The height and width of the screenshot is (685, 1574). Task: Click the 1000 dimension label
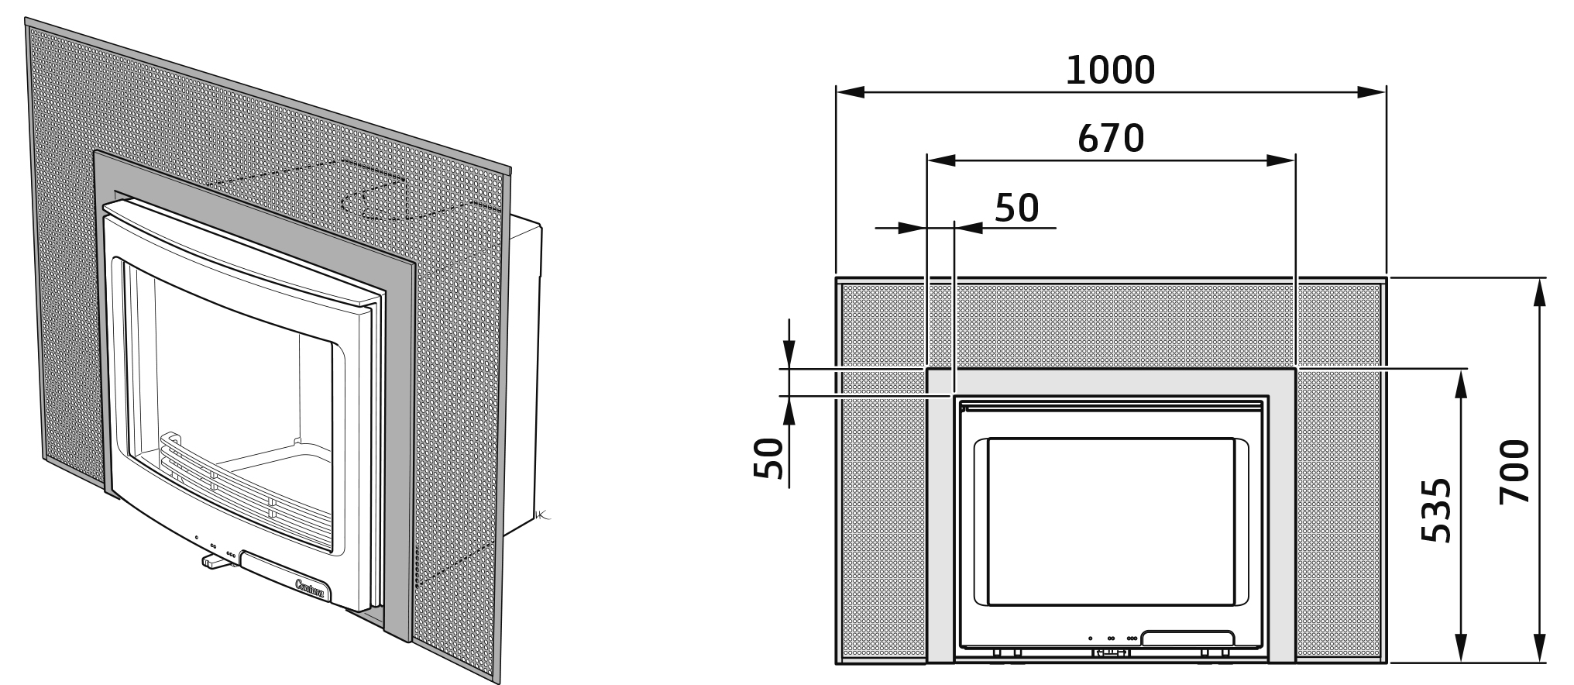click(1110, 70)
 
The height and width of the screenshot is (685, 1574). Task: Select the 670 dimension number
click(1111, 138)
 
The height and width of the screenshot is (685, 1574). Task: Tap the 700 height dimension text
click(1515, 472)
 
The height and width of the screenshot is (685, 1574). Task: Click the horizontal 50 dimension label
click(1016, 208)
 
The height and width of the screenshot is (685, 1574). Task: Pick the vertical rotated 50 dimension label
click(769, 458)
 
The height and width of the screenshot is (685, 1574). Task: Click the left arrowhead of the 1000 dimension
click(851, 92)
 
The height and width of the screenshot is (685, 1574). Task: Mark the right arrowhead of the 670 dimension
click(1281, 160)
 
